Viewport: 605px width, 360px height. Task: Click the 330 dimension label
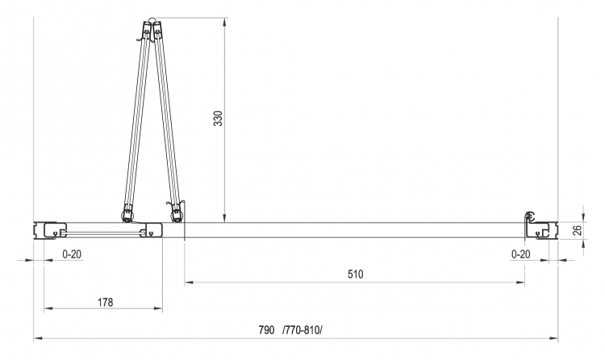pyautogui.click(x=218, y=118)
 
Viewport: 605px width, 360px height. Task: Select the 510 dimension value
pyautogui.click(x=356, y=274)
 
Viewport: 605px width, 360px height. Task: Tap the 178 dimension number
pyautogui.click(x=106, y=302)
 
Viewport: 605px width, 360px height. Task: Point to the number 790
pyautogui.click(x=267, y=330)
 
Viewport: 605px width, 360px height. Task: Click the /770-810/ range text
pyautogui.click(x=302, y=330)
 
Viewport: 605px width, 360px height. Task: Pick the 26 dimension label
pyautogui.click(x=577, y=230)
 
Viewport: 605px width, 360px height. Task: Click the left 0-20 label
pyautogui.click(x=72, y=254)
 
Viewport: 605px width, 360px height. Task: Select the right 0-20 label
pyautogui.click(x=521, y=254)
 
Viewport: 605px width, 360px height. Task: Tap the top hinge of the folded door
pyautogui.click(x=152, y=21)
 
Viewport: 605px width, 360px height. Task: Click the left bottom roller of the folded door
pyautogui.click(x=127, y=216)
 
